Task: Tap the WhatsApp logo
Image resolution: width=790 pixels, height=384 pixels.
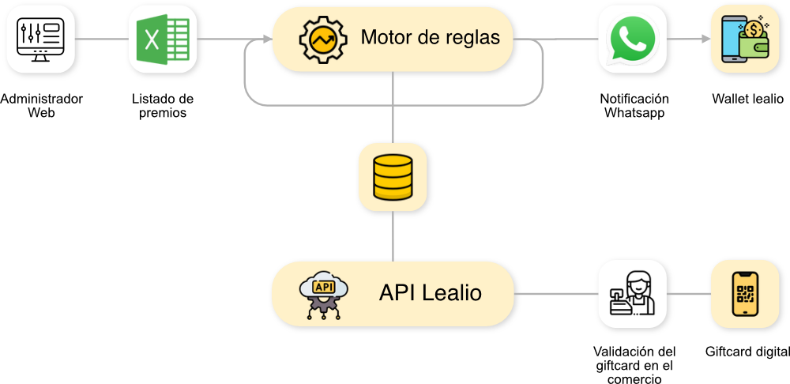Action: pyautogui.click(x=631, y=40)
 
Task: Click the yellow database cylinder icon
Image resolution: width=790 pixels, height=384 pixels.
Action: pyautogui.click(x=393, y=178)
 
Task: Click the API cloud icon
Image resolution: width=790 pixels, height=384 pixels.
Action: pyautogui.click(x=323, y=296)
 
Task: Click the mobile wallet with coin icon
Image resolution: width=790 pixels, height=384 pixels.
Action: pyautogui.click(x=745, y=40)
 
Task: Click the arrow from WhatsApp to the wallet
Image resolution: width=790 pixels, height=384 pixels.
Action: pyautogui.click(x=687, y=39)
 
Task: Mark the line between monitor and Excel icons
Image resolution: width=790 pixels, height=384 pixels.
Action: pyautogui.click(x=103, y=39)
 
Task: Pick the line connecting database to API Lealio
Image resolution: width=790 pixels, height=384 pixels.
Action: pyautogui.click(x=393, y=237)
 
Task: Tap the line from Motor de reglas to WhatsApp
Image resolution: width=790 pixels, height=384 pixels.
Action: pyautogui.click(x=557, y=39)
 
